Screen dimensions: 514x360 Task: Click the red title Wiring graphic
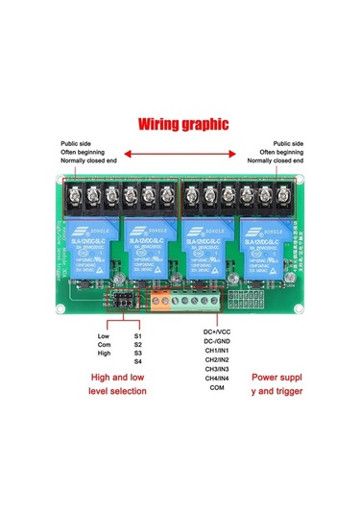pyautogui.click(x=182, y=124)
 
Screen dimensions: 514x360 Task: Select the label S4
pyautogui.click(x=138, y=362)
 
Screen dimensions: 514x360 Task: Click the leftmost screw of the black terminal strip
pyautogui.click(x=73, y=195)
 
